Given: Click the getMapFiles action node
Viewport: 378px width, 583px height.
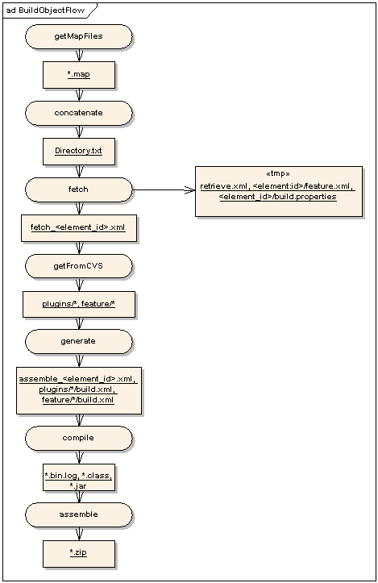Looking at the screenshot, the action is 78,36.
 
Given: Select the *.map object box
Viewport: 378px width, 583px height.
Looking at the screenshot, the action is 79,75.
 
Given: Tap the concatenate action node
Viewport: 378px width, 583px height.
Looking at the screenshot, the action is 78,113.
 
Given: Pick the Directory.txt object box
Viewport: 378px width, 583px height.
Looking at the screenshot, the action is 79,152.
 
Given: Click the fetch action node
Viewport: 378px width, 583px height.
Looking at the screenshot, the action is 78,189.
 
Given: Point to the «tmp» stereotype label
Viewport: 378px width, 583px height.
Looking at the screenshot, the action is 278,173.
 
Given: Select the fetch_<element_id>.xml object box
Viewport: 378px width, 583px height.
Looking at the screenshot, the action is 79,228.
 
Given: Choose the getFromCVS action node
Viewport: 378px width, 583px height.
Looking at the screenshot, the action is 78,266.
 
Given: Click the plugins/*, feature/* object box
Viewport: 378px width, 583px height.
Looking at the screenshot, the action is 79,305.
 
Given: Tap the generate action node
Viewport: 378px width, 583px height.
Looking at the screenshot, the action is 78,342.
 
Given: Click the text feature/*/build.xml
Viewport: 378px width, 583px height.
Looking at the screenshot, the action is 78,400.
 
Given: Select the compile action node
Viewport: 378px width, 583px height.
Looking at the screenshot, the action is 78,439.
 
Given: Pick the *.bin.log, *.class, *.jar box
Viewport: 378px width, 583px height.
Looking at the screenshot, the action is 79,477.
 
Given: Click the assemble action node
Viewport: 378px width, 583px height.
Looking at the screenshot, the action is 78,515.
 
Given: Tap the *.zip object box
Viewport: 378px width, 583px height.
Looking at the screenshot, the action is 79,554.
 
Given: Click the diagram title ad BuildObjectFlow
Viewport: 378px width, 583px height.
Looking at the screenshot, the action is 45,10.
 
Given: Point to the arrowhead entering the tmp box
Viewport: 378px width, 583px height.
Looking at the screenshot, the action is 189,190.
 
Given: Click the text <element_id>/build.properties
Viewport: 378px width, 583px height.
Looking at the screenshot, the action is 278,197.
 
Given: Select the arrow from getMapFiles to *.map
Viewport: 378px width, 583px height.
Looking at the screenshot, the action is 79,56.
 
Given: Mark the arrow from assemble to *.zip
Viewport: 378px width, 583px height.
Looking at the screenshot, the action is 79,534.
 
